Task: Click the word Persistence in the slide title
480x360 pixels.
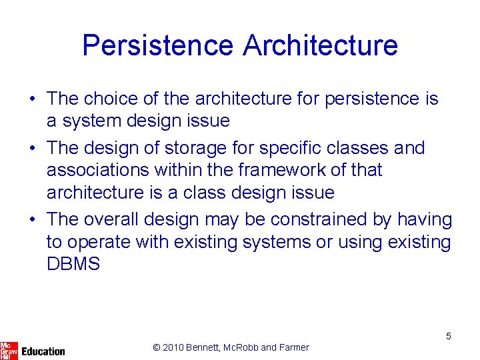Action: click(158, 45)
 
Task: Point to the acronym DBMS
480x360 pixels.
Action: click(73, 264)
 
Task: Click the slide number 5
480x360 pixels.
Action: click(449, 336)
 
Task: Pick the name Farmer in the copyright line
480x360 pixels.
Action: click(294, 347)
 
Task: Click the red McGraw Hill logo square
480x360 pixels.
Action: click(9, 349)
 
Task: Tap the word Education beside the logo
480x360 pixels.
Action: click(43, 351)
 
